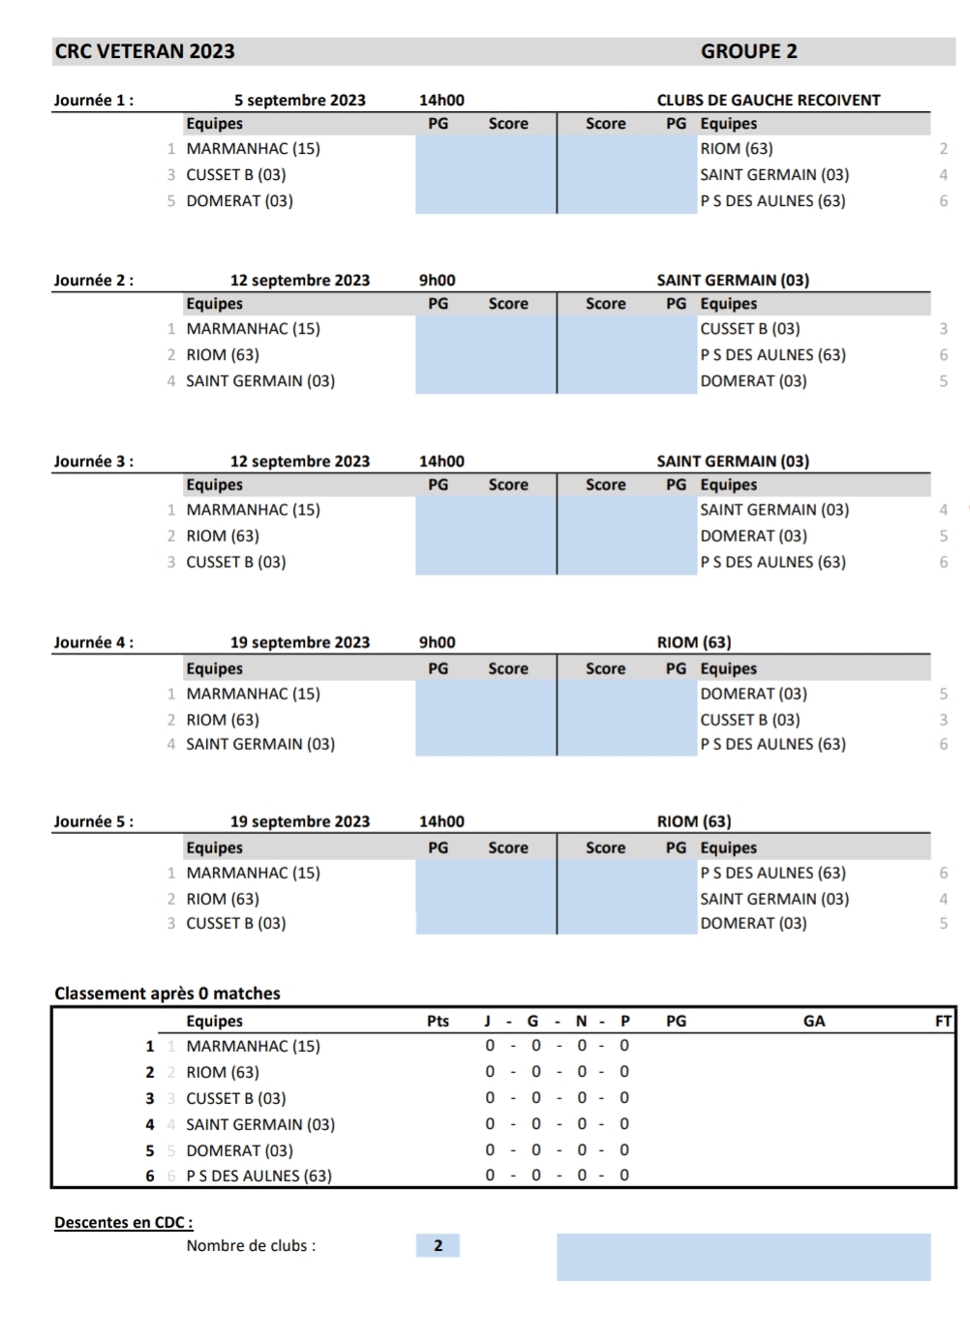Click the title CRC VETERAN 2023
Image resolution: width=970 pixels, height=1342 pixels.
[144, 51]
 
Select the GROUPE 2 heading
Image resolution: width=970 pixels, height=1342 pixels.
[748, 51]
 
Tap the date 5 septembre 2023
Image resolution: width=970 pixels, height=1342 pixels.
[299, 100]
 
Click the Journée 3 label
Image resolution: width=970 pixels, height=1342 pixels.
[93, 462]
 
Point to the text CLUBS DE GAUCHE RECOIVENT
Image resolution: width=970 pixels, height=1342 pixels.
[768, 100]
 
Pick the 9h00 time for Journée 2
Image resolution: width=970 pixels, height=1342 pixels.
[437, 281]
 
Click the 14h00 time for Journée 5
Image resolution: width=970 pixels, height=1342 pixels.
[441, 821]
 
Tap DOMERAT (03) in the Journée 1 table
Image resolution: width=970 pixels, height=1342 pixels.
[239, 201]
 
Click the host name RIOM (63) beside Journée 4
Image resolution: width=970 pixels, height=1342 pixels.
[693, 642]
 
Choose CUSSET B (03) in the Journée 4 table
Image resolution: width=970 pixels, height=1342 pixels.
[749, 720]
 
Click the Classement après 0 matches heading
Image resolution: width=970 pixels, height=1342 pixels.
[167, 994]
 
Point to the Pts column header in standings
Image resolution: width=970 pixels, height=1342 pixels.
[438, 1021]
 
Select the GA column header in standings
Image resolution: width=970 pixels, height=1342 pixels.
[814, 1021]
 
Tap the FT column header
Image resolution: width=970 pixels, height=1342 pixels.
[943, 1021]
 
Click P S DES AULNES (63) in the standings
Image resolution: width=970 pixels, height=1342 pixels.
[258, 1177]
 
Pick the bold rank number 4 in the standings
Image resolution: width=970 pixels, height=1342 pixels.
[150, 1124]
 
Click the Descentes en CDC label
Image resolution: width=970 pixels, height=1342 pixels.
[123, 1222]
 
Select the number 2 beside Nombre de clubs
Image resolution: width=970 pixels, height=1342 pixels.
[438, 1245]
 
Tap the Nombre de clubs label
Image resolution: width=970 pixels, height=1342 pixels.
[251, 1245]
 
